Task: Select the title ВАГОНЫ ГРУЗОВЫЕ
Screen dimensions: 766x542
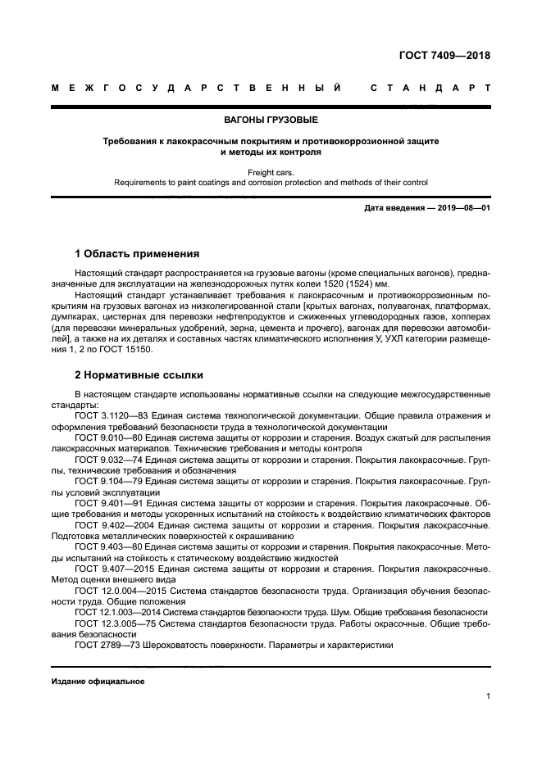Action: point(271,120)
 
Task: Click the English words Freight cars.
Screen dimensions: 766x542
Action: point(271,173)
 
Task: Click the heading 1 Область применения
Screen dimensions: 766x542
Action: point(136,254)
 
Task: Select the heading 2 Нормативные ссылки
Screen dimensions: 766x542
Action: point(139,376)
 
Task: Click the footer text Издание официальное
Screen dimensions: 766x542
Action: point(98,682)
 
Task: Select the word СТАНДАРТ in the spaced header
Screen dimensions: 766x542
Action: point(430,86)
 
